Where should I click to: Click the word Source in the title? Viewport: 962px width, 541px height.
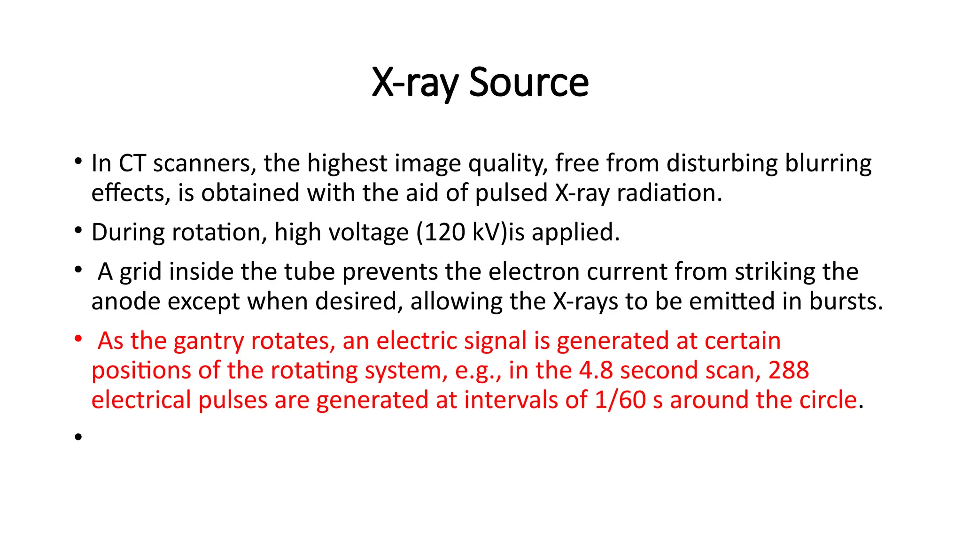coord(528,82)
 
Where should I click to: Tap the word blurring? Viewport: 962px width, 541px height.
coord(829,163)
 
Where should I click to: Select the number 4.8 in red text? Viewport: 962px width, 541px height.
coord(596,371)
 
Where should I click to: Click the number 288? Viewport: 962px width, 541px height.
coord(789,371)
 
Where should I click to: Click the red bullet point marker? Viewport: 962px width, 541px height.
coord(78,339)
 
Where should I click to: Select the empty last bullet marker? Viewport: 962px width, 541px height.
coord(78,437)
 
